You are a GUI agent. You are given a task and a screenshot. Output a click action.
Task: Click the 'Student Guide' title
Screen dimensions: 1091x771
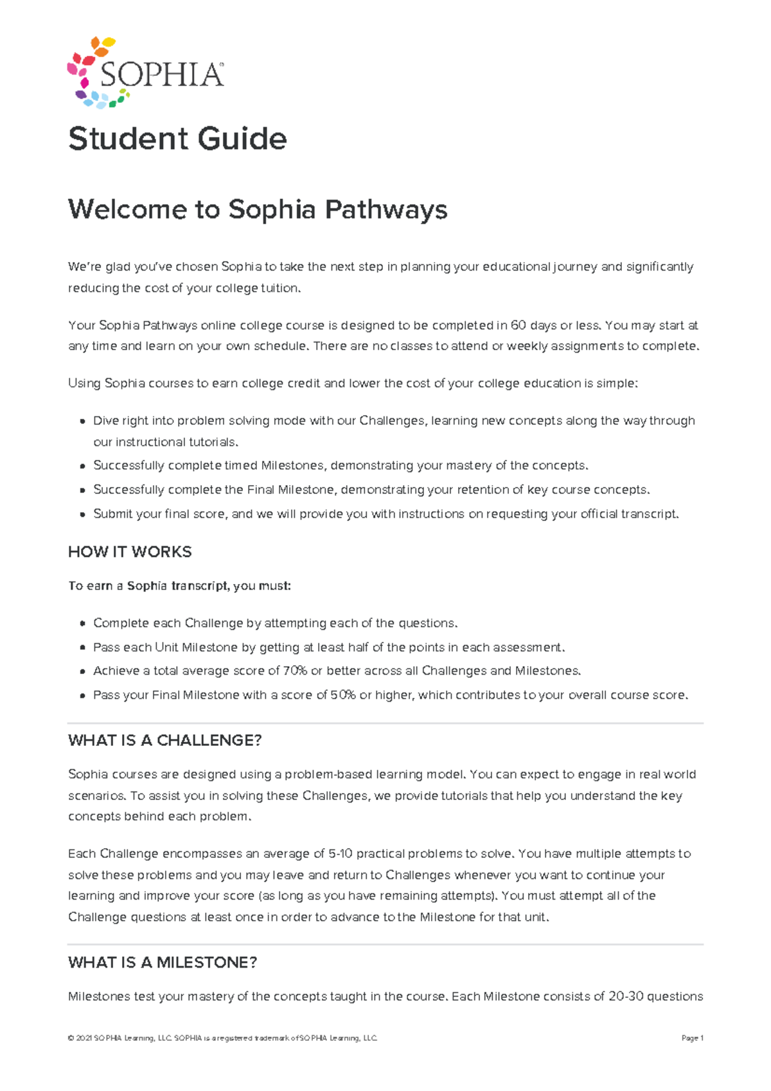point(177,139)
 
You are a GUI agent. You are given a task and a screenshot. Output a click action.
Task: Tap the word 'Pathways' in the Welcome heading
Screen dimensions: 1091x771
point(385,209)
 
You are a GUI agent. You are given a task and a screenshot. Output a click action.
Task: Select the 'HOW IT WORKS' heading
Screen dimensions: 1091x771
point(130,552)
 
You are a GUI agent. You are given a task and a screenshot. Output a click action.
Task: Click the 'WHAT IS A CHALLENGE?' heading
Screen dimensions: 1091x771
point(164,740)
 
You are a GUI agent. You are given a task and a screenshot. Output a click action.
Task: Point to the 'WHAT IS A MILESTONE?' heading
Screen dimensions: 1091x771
point(163,962)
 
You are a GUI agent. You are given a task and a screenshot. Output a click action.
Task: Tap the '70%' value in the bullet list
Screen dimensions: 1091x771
point(294,671)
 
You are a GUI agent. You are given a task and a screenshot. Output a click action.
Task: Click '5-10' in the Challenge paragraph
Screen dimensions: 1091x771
point(340,854)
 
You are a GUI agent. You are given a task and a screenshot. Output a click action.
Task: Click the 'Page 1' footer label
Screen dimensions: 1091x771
point(693,1038)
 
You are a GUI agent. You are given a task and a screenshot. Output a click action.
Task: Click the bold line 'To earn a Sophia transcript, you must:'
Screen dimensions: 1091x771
point(180,586)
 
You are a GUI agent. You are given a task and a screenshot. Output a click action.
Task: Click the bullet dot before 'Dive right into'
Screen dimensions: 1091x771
point(82,422)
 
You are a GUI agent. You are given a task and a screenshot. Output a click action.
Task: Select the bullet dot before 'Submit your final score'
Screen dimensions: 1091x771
point(82,515)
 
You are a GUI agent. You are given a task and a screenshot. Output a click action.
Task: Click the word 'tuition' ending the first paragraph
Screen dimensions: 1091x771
point(279,288)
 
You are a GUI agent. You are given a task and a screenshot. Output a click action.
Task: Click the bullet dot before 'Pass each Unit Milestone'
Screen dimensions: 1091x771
point(82,648)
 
